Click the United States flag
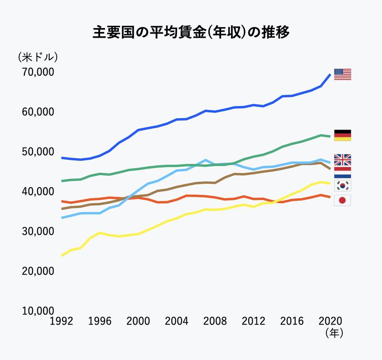[x=342, y=74]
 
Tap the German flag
[x=342, y=135]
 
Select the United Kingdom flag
[x=342, y=159]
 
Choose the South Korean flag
[x=342, y=185]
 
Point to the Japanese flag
[x=342, y=201]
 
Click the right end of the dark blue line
[x=330, y=74]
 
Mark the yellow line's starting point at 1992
[x=62, y=255]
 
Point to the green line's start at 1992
[x=62, y=181]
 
